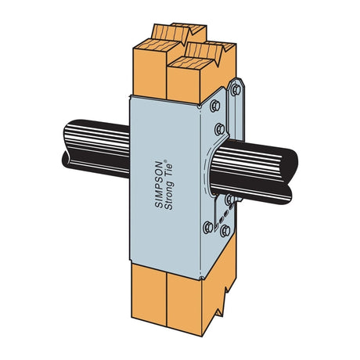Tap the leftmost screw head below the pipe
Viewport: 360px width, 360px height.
tap(208, 228)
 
